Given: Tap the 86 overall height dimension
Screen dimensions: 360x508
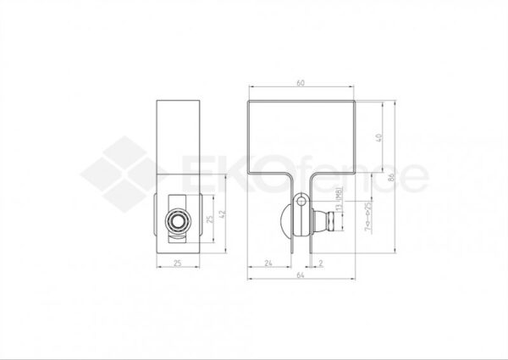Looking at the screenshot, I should [x=392, y=180].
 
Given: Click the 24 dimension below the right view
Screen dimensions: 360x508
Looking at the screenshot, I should [x=268, y=263].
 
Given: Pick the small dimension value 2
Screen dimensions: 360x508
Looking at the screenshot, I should [x=321, y=263].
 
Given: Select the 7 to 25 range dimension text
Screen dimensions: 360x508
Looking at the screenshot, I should [x=366, y=217].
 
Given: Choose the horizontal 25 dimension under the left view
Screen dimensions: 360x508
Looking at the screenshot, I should [x=179, y=263].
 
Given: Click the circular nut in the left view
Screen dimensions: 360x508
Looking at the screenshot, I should [x=179, y=222].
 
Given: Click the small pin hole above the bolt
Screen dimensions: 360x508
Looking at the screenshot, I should [x=302, y=203].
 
